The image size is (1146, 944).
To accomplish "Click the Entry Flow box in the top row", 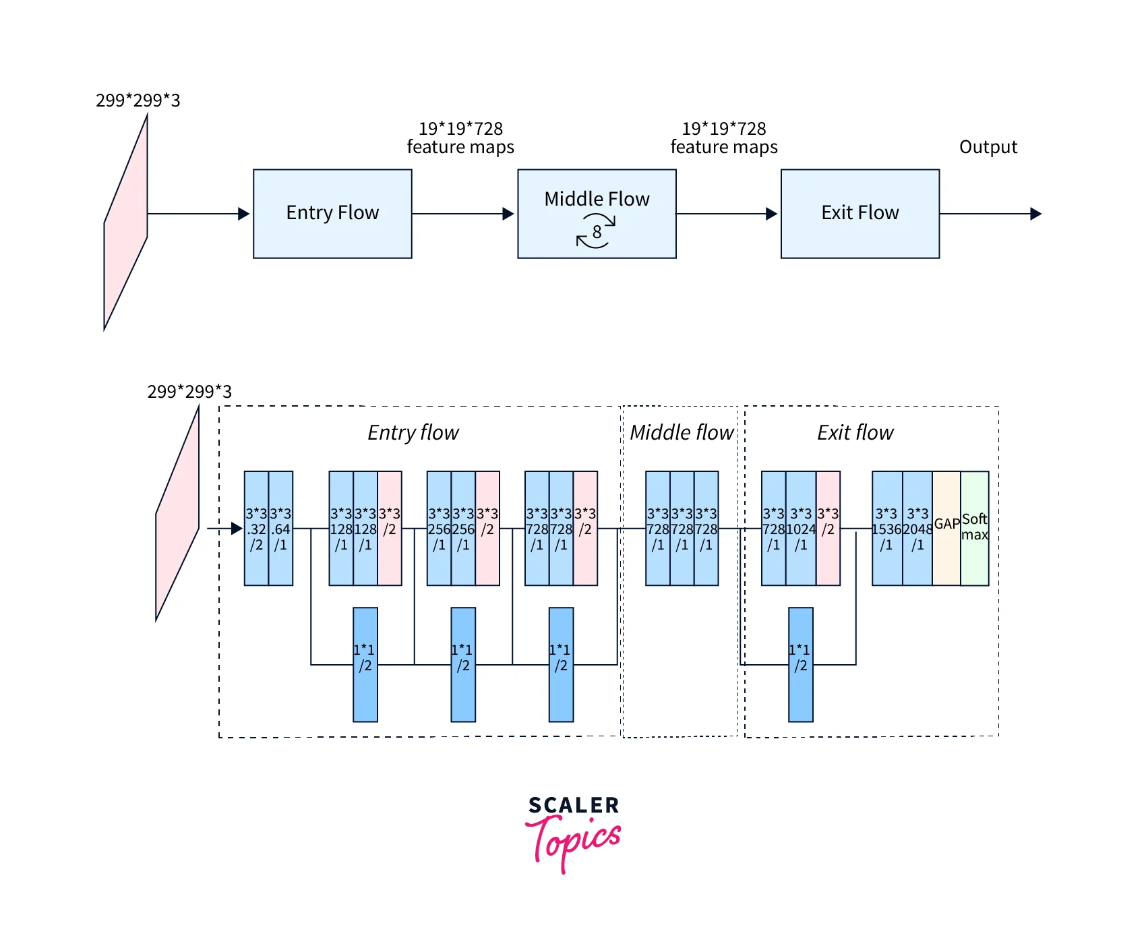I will tap(332, 213).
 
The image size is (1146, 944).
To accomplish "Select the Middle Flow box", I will tap(597, 213).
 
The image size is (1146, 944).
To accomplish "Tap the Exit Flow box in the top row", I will tap(859, 213).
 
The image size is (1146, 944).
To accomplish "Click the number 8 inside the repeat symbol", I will tap(597, 232).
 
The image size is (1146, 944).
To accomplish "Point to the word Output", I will tap(988, 147).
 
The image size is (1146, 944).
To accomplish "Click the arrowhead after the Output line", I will tap(1036, 214).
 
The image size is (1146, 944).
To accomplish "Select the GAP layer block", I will tap(946, 528).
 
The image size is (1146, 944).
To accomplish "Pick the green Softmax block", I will tap(975, 528).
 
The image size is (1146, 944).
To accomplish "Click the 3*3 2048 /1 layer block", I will tap(917, 528).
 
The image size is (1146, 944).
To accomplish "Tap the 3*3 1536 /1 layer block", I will tap(886, 528).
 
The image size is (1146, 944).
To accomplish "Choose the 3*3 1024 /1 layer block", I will tap(801, 528).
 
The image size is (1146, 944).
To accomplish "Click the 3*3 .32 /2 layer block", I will tap(256, 528).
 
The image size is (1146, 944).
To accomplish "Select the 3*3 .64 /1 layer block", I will tap(280, 528).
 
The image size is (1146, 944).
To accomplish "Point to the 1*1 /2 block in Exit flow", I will tap(800, 664).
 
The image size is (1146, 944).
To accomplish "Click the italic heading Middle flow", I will tap(681, 432).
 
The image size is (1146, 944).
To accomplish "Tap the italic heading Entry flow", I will tap(413, 432).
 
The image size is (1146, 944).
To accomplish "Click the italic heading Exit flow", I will tap(855, 432).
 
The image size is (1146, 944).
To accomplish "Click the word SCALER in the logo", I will tap(573, 805).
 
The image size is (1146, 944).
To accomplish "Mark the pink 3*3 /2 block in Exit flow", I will tap(828, 528).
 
